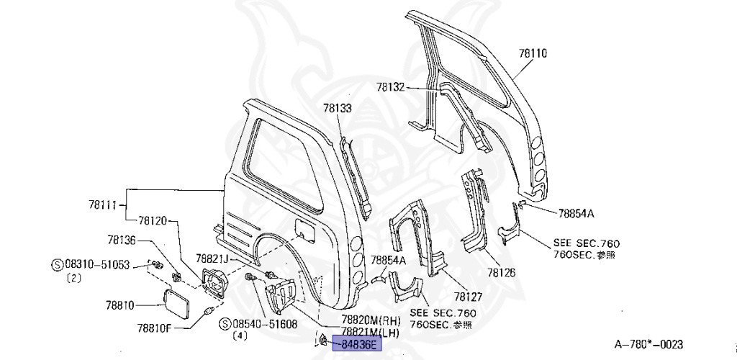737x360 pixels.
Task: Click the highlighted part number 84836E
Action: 359,344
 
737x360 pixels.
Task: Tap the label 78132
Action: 390,87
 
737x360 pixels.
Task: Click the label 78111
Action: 104,206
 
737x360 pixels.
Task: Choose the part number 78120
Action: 153,221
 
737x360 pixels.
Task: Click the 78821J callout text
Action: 213,258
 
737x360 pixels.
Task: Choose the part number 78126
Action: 501,274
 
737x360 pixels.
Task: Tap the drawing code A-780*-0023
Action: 648,344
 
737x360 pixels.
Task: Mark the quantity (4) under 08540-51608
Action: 240,335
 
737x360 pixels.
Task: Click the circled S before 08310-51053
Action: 57,265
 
